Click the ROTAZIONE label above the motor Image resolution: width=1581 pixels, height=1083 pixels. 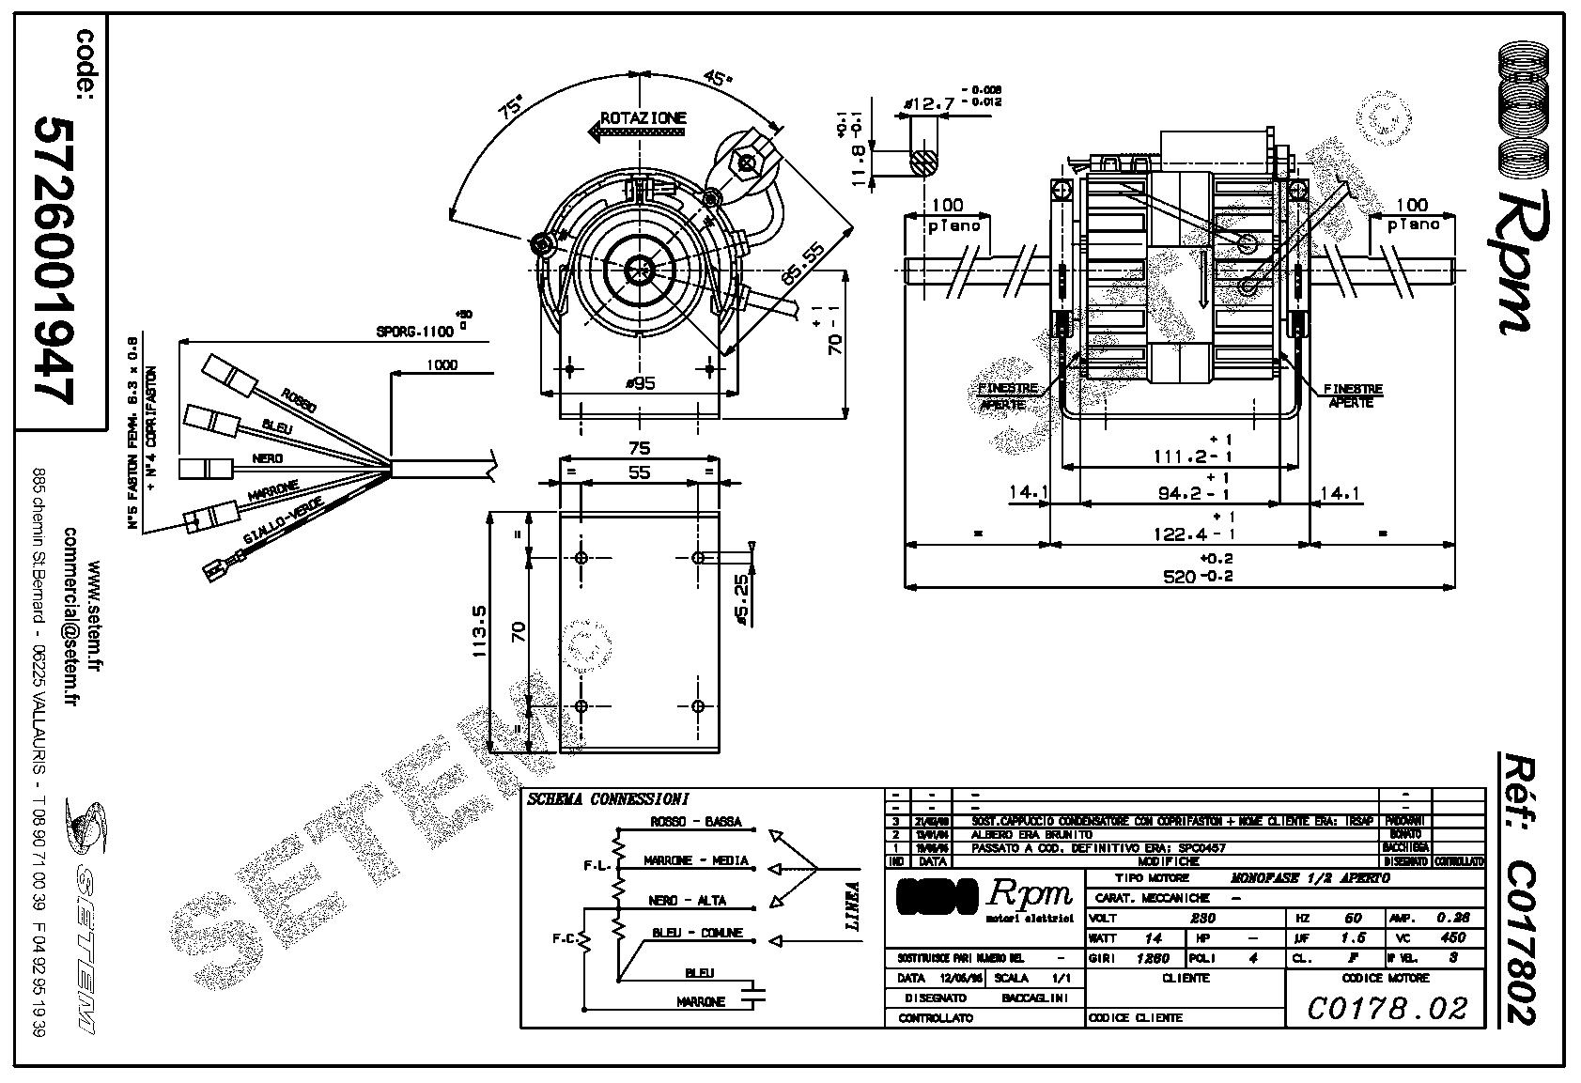(643, 118)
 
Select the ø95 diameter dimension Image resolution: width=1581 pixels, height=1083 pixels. (639, 382)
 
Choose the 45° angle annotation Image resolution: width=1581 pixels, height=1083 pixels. (719, 79)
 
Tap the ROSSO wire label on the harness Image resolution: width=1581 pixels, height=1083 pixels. (298, 401)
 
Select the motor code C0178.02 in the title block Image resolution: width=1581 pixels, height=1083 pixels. (1387, 1009)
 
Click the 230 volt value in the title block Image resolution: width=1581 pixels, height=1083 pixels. (1202, 918)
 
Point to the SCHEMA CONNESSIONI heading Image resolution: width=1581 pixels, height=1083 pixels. (608, 799)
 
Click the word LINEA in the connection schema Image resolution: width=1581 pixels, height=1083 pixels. (852, 905)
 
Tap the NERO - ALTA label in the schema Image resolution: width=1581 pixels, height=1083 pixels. (688, 900)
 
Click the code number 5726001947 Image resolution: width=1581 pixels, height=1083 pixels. (54, 261)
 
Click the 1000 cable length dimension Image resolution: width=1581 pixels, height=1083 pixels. (442, 364)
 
